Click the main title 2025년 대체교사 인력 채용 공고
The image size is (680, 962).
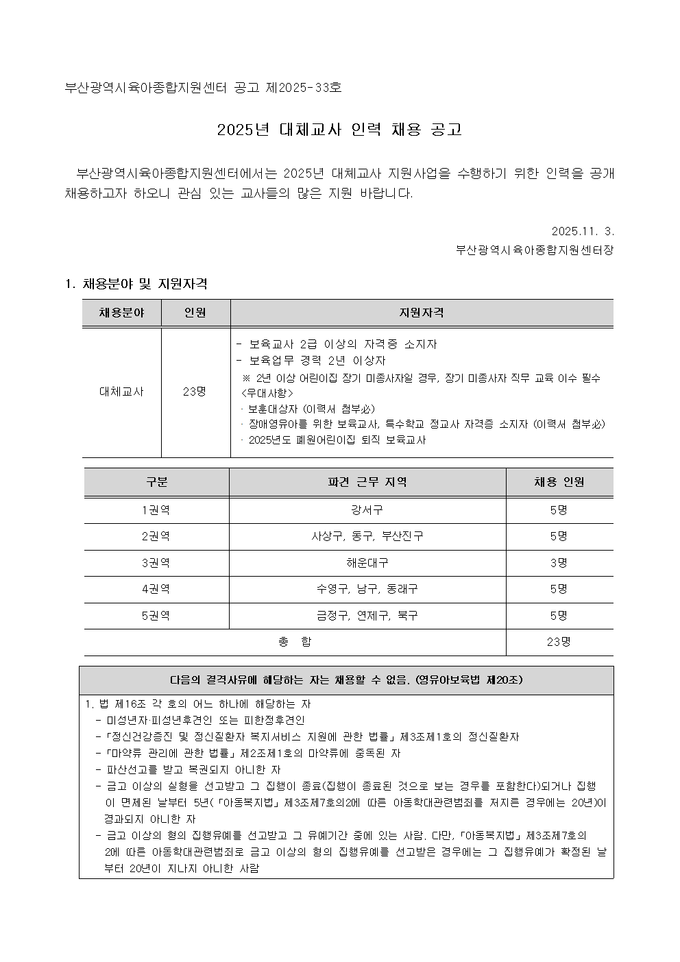339,130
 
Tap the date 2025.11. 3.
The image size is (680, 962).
582,231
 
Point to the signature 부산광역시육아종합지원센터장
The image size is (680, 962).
535,250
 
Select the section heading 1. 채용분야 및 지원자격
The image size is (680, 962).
136,284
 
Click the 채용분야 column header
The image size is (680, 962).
121,313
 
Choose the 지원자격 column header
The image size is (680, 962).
422,313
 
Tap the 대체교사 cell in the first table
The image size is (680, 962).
121,392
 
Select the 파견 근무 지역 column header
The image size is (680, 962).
367,482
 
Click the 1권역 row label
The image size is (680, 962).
156,510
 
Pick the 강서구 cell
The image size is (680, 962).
367,510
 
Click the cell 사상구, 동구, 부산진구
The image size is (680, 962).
367,536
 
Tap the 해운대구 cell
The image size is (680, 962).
367,562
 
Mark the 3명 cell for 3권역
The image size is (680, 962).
559,562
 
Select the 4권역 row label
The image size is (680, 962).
156,588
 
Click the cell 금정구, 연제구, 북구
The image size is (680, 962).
367,615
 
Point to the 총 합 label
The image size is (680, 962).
295,642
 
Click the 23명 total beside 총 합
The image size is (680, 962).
559,642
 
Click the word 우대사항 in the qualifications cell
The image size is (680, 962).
267,393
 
